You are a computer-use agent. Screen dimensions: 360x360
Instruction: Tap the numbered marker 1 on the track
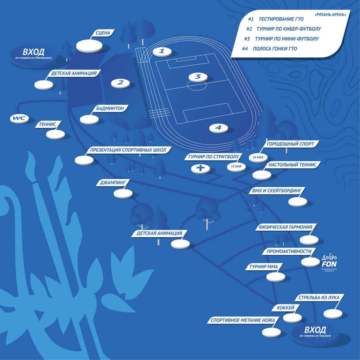click(x=162, y=51)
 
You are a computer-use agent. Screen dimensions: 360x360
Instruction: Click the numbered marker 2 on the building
click(x=120, y=83)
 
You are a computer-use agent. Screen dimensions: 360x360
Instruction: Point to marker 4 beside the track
click(x=218, y=128)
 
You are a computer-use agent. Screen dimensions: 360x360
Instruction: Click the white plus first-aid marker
click(x=200, y=169)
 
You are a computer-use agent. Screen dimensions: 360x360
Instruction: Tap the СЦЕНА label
click(x=103, y=33)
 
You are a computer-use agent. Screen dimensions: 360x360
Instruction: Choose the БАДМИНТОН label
click(x=110, y=109)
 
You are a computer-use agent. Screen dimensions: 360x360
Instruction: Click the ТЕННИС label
click(x=50, y=124)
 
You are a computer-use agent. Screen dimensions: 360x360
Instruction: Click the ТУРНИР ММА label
click(x=263, y=267)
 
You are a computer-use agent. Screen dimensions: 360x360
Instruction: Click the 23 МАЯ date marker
click(x=237, y=166)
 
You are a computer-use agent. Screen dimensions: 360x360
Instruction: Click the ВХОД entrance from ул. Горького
click(x=315, y=332)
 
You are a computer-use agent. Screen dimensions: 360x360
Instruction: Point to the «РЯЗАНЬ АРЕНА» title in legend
click(x=331, y=15)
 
